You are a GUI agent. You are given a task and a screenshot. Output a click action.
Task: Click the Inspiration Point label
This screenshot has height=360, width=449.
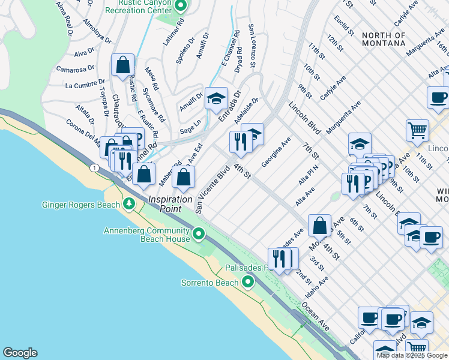(x=170, y=203)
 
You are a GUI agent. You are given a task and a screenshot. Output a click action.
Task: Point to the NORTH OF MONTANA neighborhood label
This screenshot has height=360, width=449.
(x=384, y=39)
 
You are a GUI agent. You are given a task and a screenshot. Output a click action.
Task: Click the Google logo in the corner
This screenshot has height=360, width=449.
(x=20, y=353)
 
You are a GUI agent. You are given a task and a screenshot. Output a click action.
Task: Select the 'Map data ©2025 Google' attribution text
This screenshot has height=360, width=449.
(x=412, y=355)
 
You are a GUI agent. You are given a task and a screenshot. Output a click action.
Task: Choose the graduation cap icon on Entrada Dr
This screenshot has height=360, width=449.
(x=216, y=98)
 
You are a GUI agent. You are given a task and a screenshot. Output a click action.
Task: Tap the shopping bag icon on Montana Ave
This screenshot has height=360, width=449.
(x=320, y=225)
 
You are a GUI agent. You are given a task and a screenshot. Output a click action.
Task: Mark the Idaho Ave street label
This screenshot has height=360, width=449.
(x=316, y=288)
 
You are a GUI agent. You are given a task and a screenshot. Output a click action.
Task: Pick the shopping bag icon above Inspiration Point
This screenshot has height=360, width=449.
(x=183, y=176)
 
